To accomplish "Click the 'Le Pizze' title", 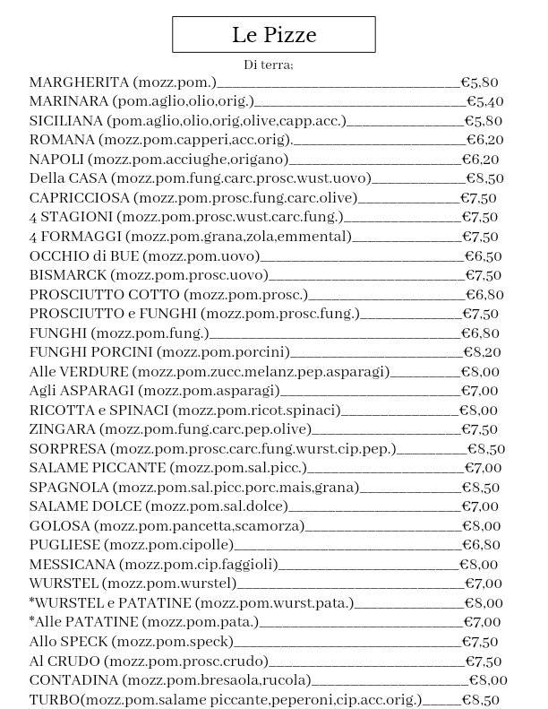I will point(273,35).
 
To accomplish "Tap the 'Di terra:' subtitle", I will point(269,65).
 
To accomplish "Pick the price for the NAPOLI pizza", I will point(480,160).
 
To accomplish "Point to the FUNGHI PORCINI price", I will point(481,352).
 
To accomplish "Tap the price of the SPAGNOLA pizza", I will point(480,488).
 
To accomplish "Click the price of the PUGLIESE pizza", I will point(481,545).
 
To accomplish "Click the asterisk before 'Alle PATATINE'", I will point(32,620).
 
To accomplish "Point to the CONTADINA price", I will point(488,680).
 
